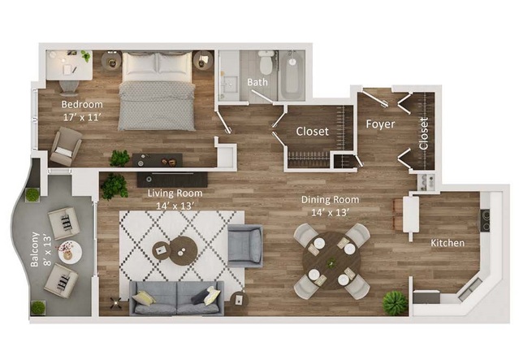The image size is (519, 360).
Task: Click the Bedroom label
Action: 82,104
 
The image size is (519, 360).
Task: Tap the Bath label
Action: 257,82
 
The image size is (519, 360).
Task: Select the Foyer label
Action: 380,124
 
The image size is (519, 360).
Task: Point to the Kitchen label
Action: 448,243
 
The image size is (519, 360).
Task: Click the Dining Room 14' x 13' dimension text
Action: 331,212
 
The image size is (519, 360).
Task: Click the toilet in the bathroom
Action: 266,63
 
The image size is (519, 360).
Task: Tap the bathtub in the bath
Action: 292,75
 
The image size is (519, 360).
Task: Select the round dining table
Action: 331,260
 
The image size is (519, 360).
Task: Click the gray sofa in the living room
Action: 176,298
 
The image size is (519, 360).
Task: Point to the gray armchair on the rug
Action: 245,245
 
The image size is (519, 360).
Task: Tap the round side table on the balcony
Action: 70,252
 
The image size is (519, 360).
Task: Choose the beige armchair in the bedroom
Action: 66,147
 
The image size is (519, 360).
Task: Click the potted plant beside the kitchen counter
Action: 395,302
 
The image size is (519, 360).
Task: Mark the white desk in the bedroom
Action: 69,65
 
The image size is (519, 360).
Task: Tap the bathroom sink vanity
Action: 229,84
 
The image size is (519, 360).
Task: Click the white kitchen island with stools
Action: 411,215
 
